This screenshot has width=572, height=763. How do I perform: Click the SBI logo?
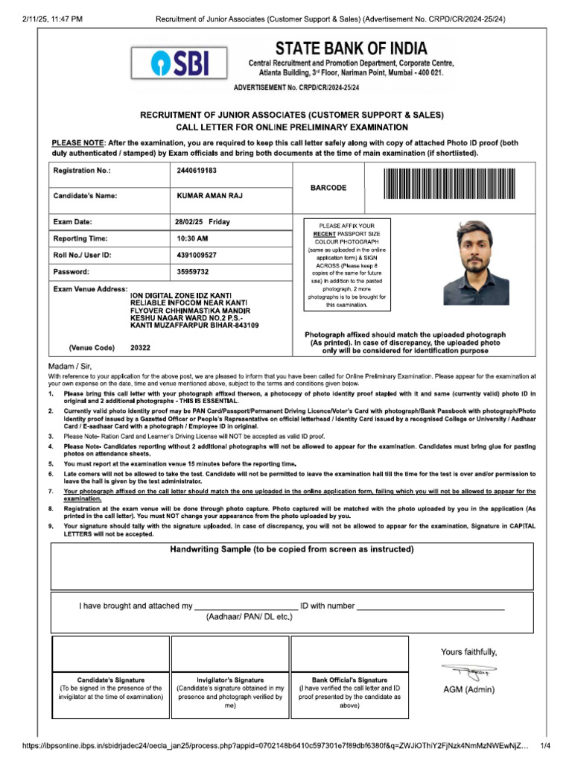point(179,63)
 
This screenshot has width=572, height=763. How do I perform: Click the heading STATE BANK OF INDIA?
point(351,49)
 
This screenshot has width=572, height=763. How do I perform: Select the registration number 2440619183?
point(197,171)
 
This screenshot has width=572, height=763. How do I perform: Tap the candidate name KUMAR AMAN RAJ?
point(209,196)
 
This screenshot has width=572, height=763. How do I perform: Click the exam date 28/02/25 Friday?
point(203,222)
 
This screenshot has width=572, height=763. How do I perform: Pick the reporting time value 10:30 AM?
point(193,238)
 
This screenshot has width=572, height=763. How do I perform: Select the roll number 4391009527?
point(197,256)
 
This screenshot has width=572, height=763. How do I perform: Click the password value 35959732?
point(193,272)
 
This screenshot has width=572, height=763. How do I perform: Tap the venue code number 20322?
point(140,347)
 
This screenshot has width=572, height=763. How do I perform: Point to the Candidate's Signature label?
point(111,680)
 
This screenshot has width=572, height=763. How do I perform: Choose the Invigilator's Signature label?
point(230,680)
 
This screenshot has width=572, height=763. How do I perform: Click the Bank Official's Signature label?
point(349,680)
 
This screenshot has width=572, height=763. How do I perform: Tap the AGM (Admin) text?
point(468,689)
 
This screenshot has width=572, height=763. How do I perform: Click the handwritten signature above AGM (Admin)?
point(468,671)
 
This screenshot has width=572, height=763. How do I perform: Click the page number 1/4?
point(544,745)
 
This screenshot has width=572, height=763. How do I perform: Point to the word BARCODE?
point(328,188)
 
